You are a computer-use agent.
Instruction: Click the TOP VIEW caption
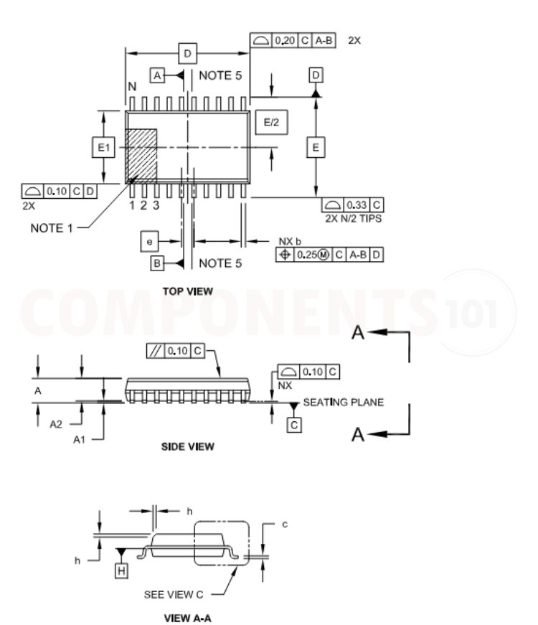tap(187, 291)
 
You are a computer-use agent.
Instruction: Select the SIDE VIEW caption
tap(187, 446)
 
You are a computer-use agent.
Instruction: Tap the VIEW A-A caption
tap(187, 619)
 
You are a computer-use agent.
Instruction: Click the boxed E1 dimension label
tap(103, 148)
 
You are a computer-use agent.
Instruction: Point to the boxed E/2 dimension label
tap(271, 122)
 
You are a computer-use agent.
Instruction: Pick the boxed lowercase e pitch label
tap(149, 242)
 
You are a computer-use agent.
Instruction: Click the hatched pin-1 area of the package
tap(141, 156)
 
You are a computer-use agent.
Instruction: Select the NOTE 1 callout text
tap(52, 228)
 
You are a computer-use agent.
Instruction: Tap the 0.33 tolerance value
tap(357, 205)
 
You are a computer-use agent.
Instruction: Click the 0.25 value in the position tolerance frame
tap(307, 255)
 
